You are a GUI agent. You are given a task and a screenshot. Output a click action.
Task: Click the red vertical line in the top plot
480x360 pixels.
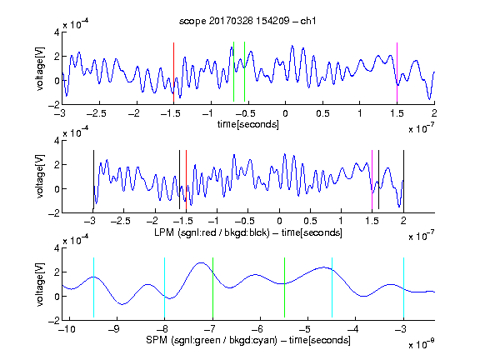coord(173,72)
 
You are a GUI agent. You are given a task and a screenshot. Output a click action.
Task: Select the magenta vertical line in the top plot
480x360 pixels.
coord(397,72)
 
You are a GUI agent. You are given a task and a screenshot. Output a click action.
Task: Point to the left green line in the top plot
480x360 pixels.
coord(233,72)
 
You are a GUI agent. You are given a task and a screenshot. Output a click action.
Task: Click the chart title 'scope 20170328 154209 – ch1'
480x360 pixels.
coord(247,21)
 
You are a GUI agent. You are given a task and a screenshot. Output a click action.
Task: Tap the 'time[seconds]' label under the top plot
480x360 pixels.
coord(248,124)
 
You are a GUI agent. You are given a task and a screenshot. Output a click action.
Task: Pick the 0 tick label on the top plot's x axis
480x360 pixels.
coord(285,113)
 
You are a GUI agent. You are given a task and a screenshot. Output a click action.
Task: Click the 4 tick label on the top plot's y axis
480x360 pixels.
coord(57,32)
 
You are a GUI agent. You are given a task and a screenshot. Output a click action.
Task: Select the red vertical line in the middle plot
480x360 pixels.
coord(186,180)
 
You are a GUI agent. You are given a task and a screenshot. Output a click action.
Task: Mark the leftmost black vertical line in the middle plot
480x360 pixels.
coord(93,180)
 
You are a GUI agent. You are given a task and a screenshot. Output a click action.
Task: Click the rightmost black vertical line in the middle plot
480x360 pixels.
coord(403,180)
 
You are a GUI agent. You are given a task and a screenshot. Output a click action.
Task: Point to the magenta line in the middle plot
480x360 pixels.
coord(372,180)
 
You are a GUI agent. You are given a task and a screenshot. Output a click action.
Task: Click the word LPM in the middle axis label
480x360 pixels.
coord(164,232)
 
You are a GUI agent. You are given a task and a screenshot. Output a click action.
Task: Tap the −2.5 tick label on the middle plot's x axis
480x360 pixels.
coord(120,221)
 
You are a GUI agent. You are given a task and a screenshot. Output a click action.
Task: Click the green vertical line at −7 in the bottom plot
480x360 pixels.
coord(212,287)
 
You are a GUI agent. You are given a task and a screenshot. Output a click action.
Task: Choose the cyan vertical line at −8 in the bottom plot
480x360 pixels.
coord(164,287)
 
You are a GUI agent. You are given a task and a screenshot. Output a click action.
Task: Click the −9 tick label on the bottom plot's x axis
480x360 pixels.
coord(113,329)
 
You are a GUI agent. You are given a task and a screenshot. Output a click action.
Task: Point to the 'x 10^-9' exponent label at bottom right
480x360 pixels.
coord(422,344)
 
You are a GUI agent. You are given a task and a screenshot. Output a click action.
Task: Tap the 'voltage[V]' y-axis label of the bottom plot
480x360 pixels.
coord(40,284)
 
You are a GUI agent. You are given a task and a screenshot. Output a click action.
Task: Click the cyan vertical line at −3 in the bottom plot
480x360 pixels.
coord(403,287)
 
